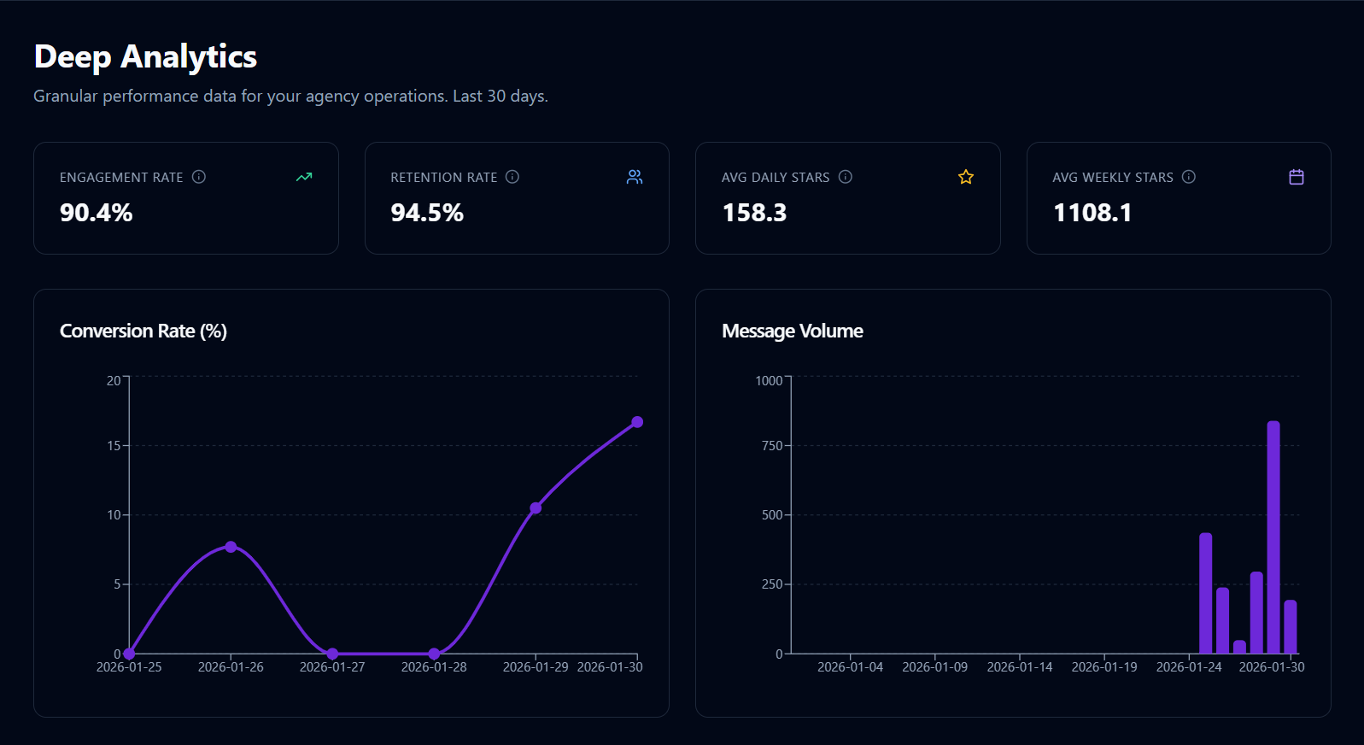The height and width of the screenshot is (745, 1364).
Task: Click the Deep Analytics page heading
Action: [145, 57]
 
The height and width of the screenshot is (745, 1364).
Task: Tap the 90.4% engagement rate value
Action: [96, 213]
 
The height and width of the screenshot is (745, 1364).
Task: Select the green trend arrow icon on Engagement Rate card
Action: [304, 177]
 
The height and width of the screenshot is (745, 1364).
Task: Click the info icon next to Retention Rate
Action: [512, 177]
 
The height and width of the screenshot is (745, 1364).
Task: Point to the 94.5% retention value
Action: [426, 213]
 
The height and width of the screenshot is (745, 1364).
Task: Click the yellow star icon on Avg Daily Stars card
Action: [966, 177]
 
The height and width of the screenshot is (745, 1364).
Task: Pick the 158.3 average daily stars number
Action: [754, 213]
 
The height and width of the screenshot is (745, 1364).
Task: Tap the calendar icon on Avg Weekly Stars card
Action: [1297, 177]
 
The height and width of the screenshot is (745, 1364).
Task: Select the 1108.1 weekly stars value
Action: [1092, 213]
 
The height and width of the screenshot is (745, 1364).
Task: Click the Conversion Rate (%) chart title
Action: [143, 331]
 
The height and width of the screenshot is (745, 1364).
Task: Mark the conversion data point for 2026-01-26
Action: [231, 547]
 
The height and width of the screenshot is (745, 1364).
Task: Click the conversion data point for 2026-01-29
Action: [536, 508]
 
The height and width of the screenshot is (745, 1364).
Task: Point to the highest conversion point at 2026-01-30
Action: [637, 422]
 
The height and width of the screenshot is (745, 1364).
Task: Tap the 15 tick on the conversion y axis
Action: [114, 446]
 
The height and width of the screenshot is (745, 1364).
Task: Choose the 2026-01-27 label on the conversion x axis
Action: [332, 667]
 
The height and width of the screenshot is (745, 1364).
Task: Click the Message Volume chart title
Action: [792, 331]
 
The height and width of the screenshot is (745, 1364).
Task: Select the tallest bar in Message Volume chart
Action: [1273, 538]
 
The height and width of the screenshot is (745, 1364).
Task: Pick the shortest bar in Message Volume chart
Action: [1239, 648]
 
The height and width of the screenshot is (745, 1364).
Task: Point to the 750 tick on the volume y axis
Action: [771, 446]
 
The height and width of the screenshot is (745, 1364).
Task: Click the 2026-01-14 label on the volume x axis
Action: [1020, 667]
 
